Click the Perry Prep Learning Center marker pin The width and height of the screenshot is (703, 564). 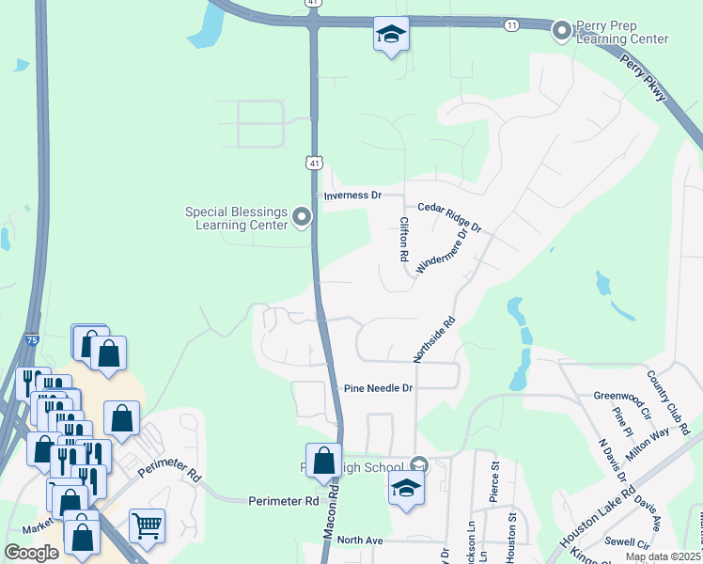(562, 31)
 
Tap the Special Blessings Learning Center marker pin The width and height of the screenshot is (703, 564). (302, 218)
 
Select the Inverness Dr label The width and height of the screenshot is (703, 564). (352, 196)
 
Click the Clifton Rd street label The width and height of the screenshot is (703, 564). (404, 239)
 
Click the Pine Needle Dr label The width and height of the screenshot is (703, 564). (379, 387)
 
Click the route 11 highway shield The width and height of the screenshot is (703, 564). (511, 23)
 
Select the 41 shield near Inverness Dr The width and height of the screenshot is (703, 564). (314, 163)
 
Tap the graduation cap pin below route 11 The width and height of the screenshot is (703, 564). (391, 34)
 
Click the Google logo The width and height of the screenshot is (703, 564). (32, 552)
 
